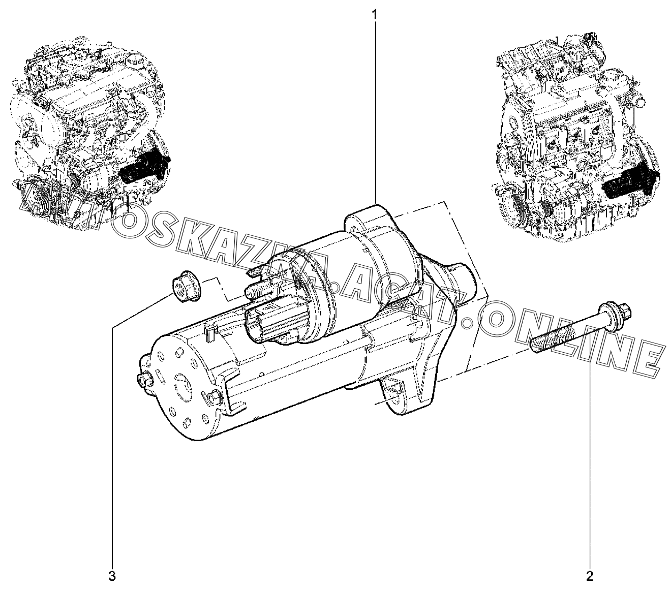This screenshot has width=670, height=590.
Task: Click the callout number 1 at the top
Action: tap(375, 15)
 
